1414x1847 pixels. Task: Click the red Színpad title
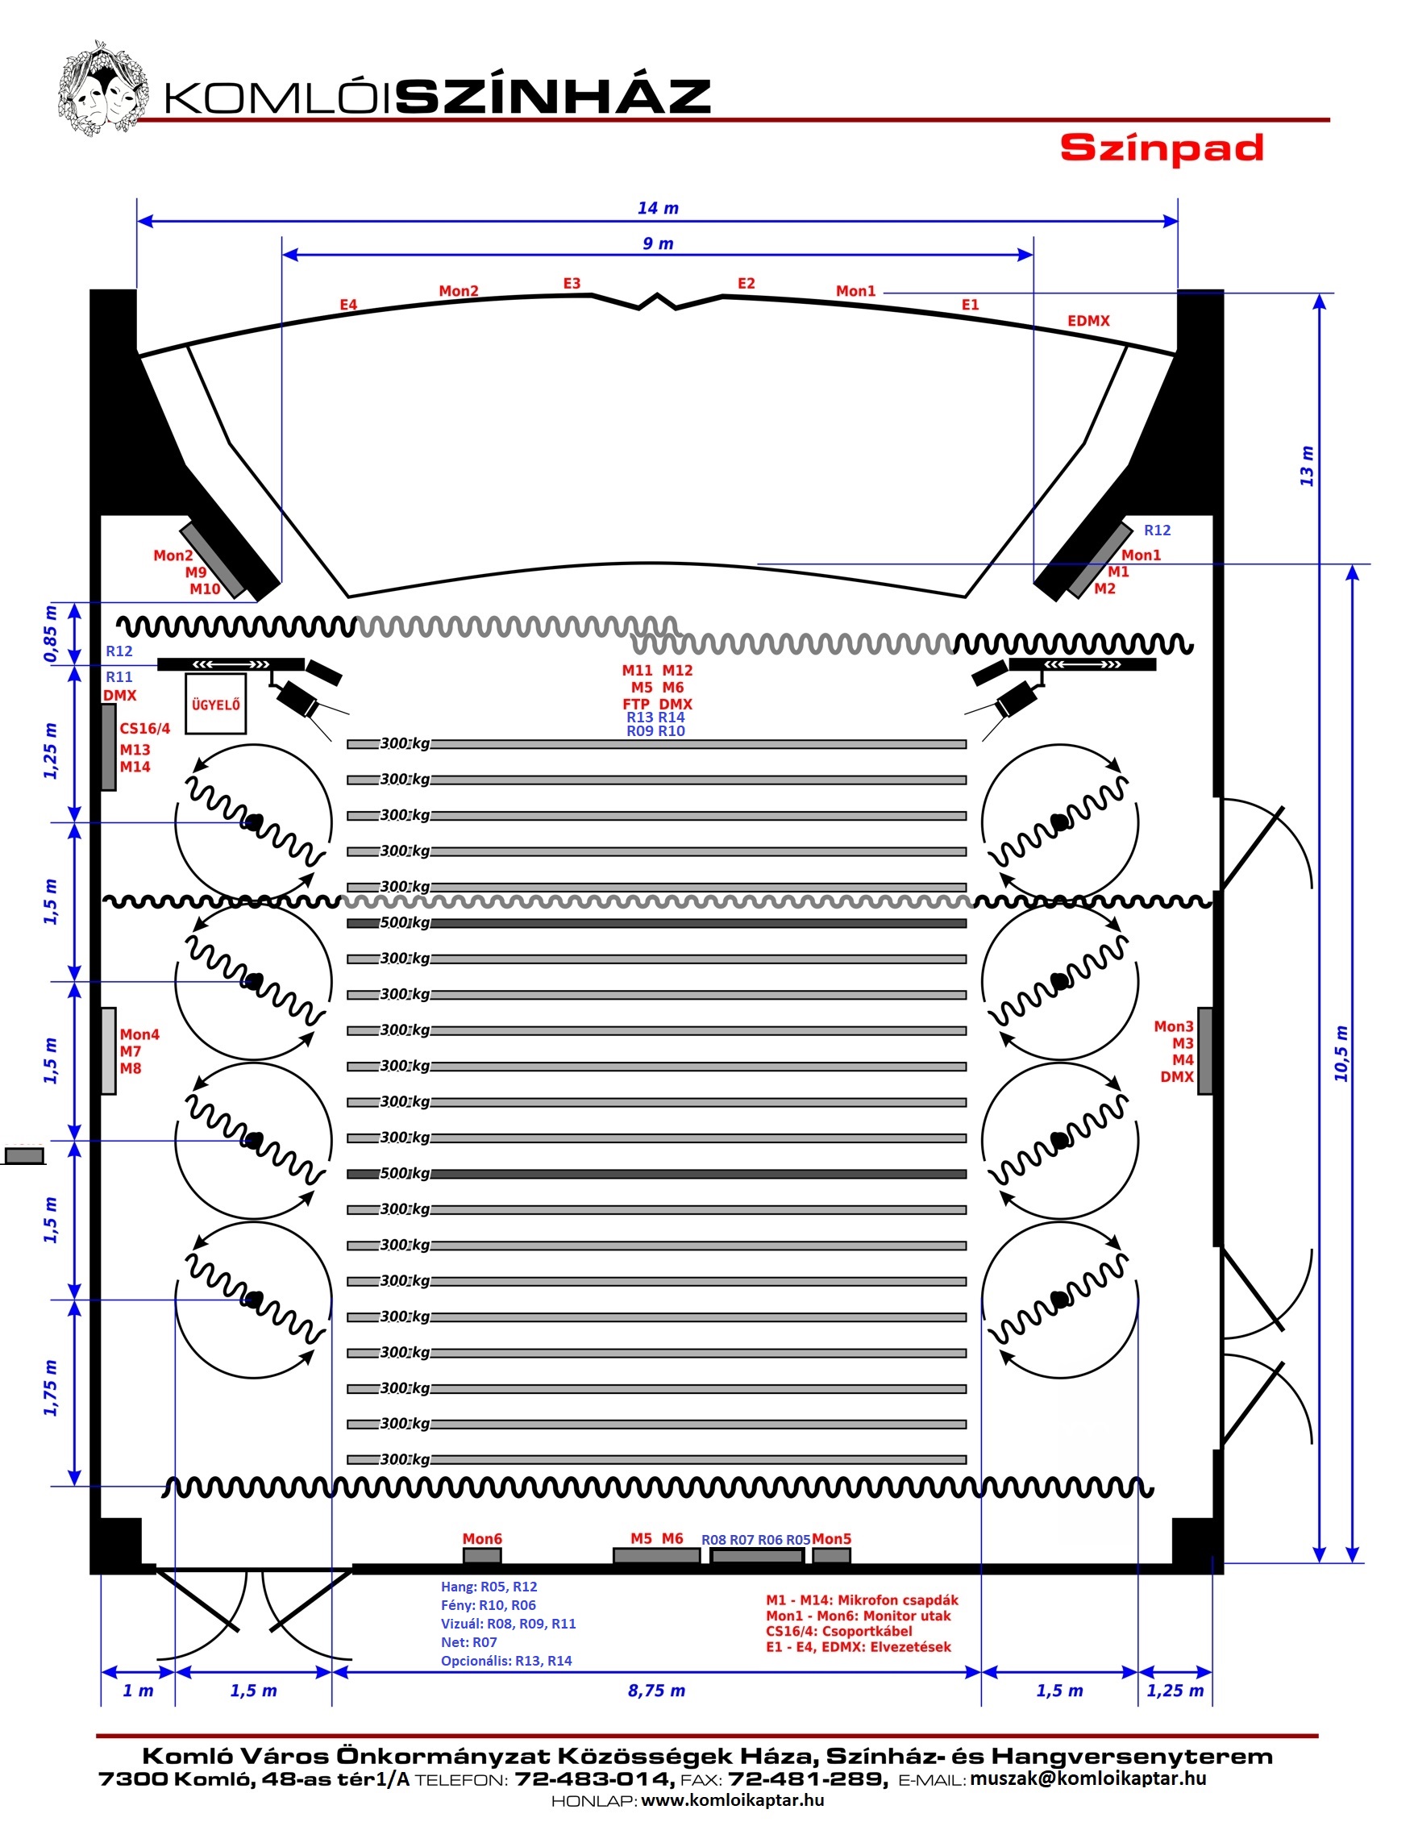point(1162,148)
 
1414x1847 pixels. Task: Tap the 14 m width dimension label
point(657,208)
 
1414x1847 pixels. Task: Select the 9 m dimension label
point(657,243)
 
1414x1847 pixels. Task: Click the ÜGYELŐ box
point(215,704)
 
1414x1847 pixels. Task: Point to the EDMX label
point(1088,321)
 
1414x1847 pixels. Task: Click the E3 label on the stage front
point(572,284)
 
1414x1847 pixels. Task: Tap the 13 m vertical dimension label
point(1306,465)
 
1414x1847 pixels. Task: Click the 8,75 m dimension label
point(656,1691)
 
